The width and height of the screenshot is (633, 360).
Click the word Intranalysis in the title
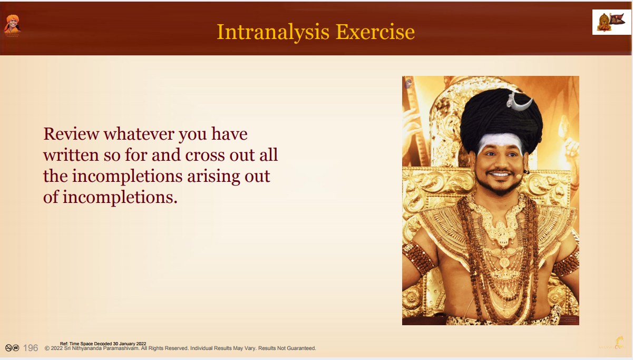[273, 33]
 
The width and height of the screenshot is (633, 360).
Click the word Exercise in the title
[375, 32]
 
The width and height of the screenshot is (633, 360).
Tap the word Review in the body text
[71, 134]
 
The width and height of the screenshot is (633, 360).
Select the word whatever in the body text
[139, 134]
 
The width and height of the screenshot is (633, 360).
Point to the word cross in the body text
[205, 155]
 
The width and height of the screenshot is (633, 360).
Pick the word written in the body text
[71, 154]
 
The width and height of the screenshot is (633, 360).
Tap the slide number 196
[31, 348]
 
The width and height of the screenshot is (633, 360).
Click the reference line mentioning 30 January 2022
[103, 344]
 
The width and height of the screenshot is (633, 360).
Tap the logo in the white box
[611, 22]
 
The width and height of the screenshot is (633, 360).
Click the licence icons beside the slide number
[12, 348]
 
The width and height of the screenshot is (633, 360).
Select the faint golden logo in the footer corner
[612, 343]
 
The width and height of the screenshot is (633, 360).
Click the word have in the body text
[229, 134]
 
